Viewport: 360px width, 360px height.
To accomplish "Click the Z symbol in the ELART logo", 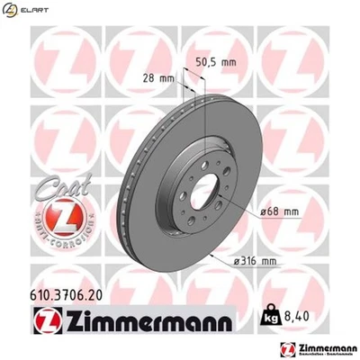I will tap(10, 12).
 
